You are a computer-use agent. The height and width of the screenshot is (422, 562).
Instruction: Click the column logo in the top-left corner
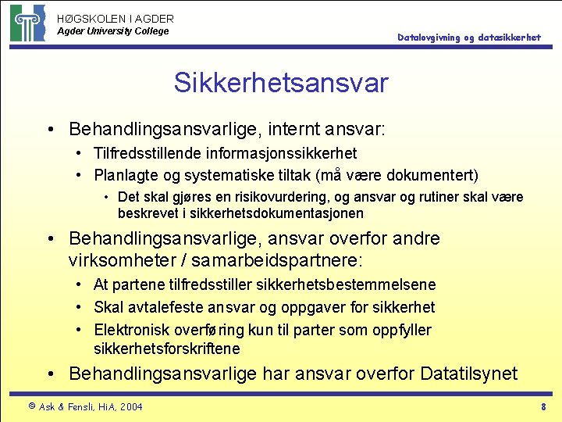27,23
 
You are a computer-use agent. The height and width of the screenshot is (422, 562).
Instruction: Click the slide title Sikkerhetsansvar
280,83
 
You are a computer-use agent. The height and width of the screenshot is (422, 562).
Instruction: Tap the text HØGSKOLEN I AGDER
116,18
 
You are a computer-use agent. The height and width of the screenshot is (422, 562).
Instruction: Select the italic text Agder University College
112,31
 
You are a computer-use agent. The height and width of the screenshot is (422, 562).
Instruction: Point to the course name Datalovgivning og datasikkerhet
468,38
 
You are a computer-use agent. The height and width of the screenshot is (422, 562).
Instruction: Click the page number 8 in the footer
543,406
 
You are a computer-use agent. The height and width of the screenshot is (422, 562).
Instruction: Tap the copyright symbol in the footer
31,406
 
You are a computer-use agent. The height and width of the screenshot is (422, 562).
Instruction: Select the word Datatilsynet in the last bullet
468,374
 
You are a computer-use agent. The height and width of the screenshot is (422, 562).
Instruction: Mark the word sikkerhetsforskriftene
167,349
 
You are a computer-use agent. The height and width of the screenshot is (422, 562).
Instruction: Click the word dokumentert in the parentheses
432,174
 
